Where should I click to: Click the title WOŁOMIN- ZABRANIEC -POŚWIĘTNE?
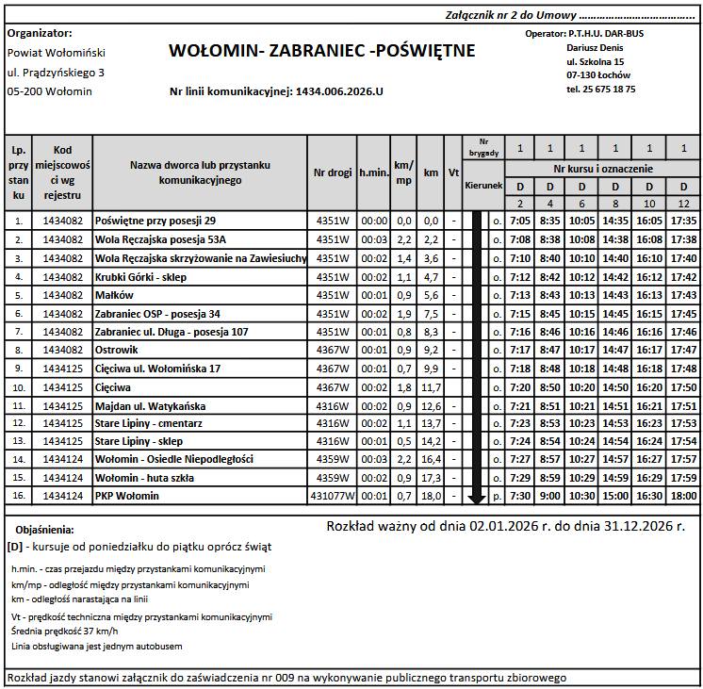click(321, 51)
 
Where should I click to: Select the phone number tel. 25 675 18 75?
click(600, 89)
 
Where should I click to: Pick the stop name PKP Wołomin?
click(127, 496)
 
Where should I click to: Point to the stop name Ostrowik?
click(119, 350)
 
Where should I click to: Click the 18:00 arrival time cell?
click(683, 496)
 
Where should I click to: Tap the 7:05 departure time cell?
click(520, 221)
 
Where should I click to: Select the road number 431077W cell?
click(333, 496)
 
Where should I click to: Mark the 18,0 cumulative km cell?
click(431, 496)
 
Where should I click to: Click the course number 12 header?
click(683, 204)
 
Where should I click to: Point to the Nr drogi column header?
click(333, 172)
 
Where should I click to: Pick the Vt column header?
click(453, 172)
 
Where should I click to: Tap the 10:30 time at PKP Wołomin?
click(581, 496)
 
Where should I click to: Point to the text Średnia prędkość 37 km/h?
click(64, 631)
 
